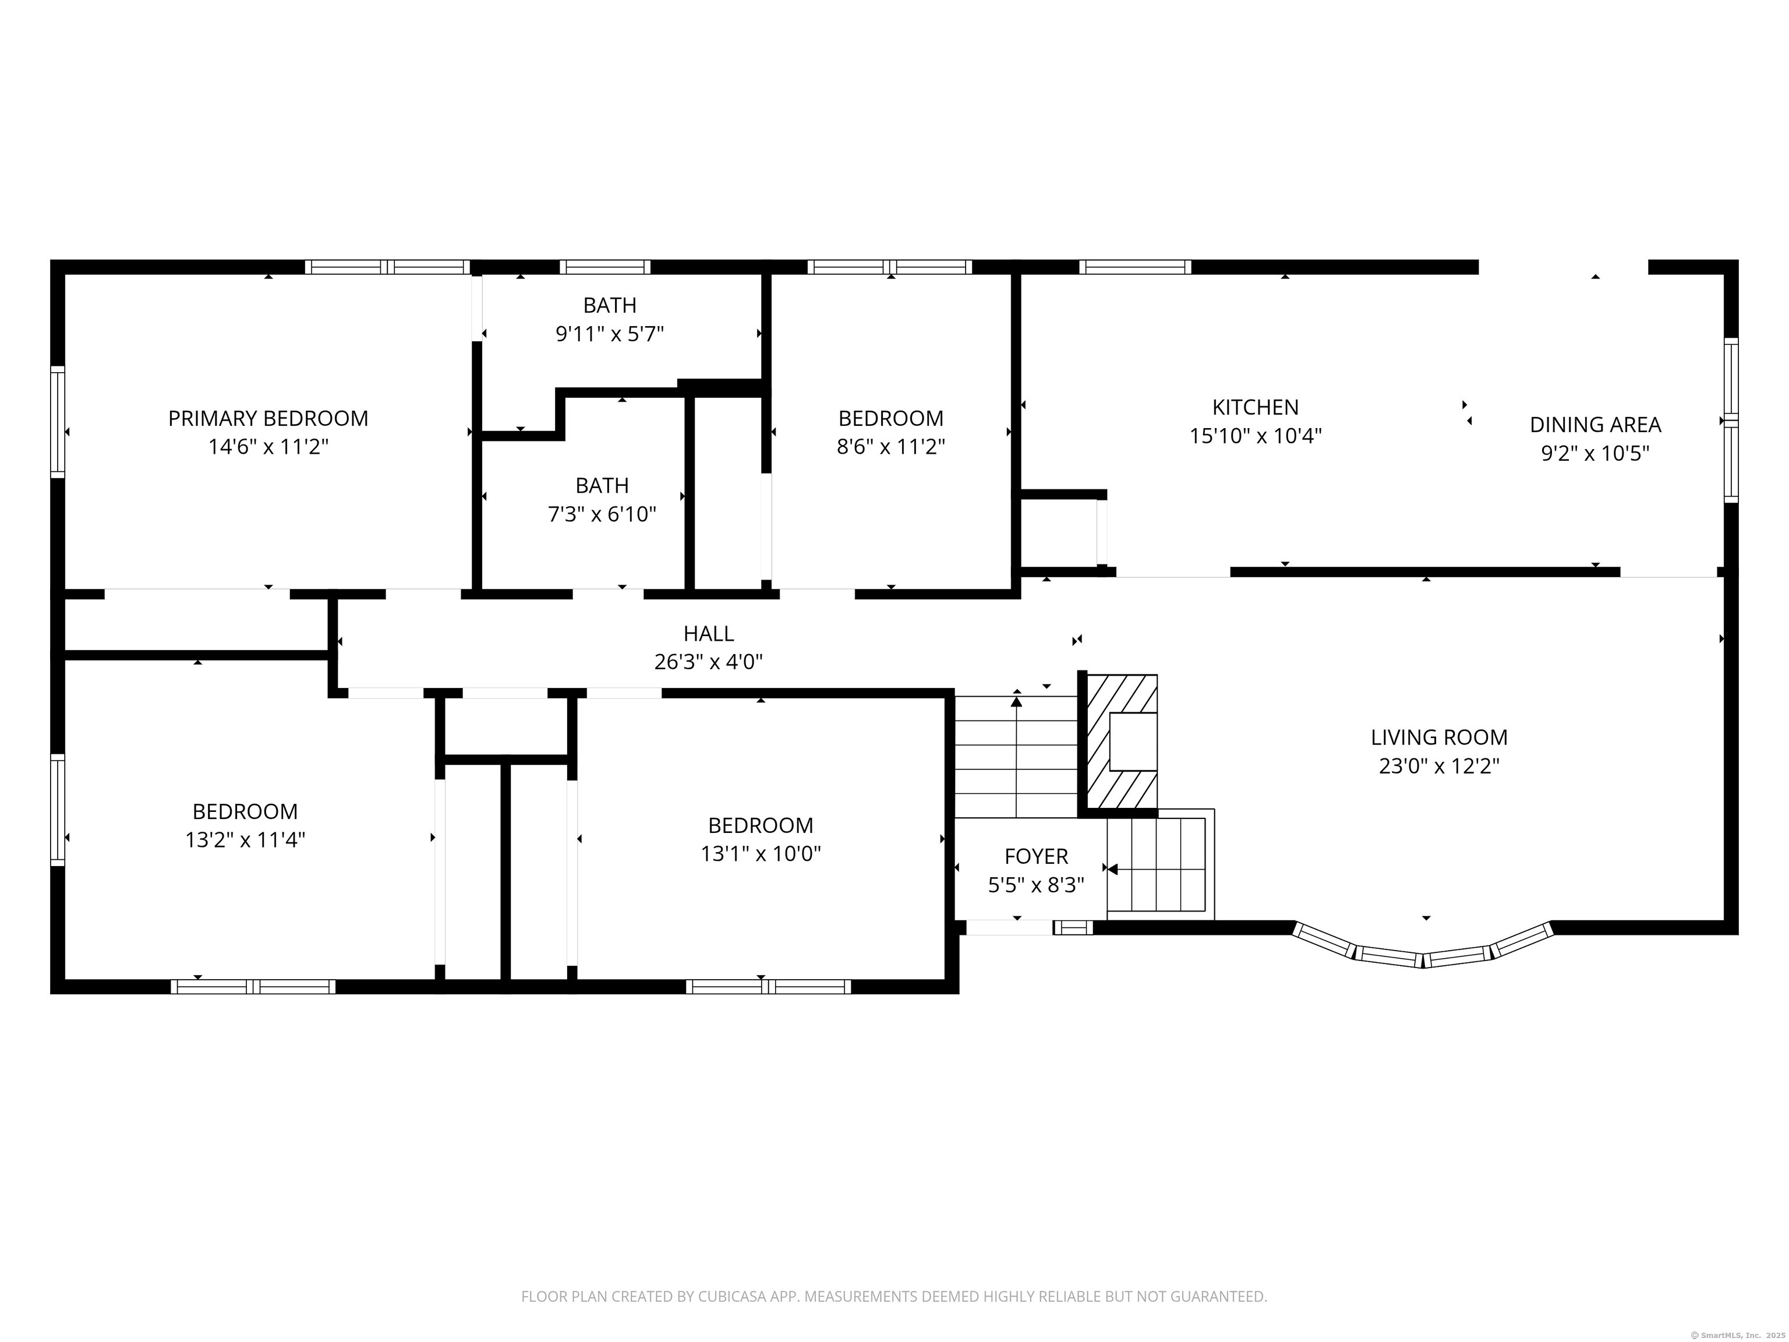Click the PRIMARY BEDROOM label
pos(268,418)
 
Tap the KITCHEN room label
pos(1255,407)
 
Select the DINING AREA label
pos(1595,424)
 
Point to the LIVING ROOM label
pos(1439,737)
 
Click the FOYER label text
pos(1036,856)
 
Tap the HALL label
pos(709,633)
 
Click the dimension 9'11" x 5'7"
pos(610,333)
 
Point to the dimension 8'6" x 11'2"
pos(890,447)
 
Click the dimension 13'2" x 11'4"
pos(245,840)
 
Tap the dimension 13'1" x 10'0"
pos(760,853)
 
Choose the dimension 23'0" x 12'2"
pos(1439,765)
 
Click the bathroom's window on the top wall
pos(605,267)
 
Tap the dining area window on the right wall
pos(1731,420)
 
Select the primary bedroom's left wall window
pos(58,422)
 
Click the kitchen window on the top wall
pos(1134,267)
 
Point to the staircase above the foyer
pos(1017,757)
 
